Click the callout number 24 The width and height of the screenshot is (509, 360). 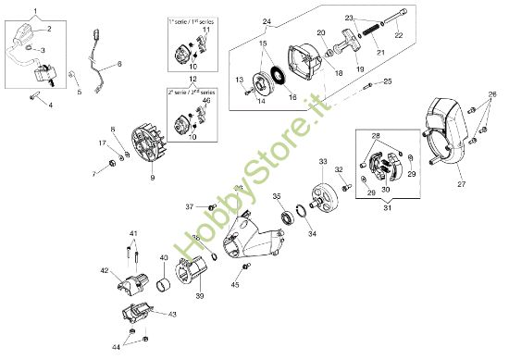pyautogui.click(x=241, y=21)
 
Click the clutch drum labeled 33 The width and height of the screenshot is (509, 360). pyautogui.click(x=324, y=192)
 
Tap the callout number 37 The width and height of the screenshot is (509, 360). pyautogui.click(x=188, y=205)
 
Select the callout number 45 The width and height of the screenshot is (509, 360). pyautogui.click(x=234, y=285)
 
